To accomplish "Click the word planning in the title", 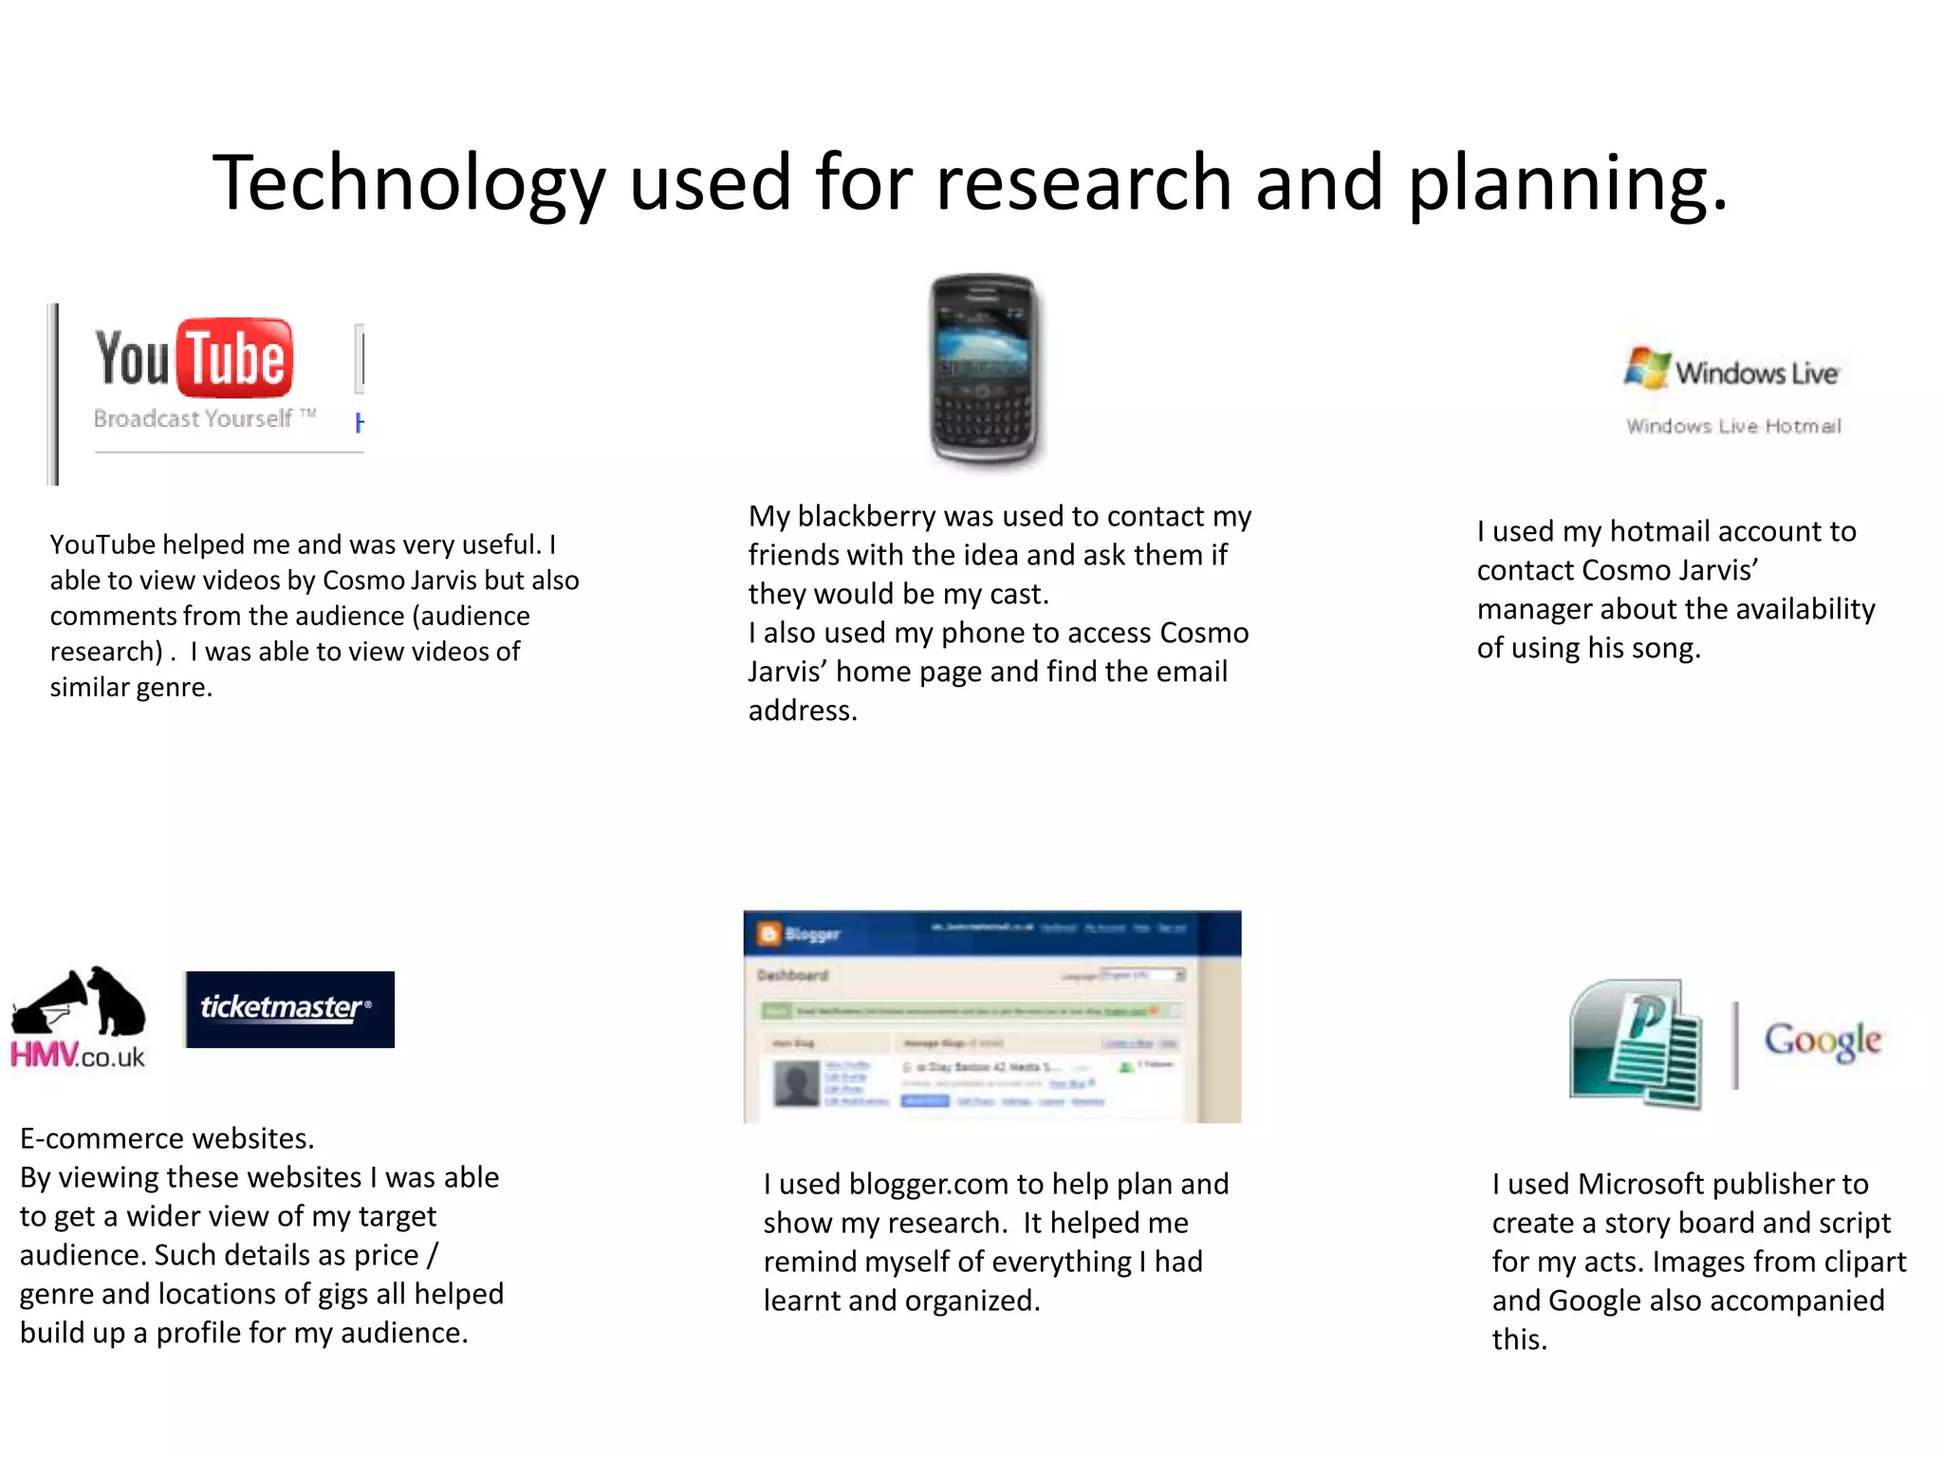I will click(x=1565, y=183).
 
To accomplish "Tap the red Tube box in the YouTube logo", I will click(x=235, y=358).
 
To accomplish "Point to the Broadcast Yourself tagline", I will click(x=194, y=418).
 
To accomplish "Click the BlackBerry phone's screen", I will click(x=982, y=341).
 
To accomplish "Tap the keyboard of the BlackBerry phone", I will click(x=982, y=417).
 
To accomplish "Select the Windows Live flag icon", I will click(x=1646, y=368).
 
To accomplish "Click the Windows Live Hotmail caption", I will click(x=1733, y=426).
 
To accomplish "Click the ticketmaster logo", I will click(x=289, y=1008).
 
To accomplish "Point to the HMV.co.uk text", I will click(x=78, y=1056).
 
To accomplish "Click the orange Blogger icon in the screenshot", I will click(x=768, y=934).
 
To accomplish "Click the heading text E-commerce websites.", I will click(x=167, y=1138).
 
